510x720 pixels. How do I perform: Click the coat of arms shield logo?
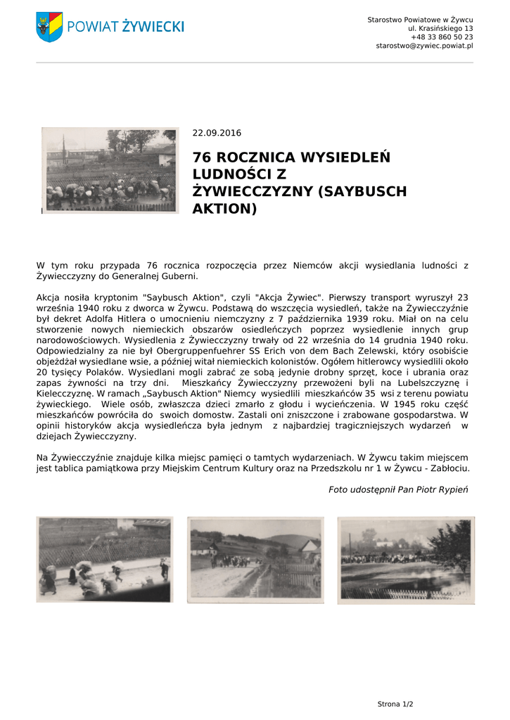(x=49, y=26)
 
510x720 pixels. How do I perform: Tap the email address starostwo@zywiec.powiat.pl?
(x=424, y=46)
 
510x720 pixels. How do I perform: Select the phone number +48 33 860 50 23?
(x=442, y=37)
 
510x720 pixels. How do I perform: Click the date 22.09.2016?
(x=217, y=133)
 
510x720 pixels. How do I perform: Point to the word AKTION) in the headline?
(x=225, y=209)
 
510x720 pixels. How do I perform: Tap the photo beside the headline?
(x=109, y=170)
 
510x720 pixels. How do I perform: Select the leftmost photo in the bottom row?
(x=104, y=560)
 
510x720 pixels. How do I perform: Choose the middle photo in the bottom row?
(x=255, y=560)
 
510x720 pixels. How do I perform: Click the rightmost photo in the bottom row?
(x=406, y=560)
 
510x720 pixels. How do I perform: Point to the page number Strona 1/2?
(x=395, y=704)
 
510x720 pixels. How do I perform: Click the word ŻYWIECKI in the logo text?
(x=153, y=27)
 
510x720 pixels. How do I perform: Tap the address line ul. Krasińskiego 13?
(x=440, y=28)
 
